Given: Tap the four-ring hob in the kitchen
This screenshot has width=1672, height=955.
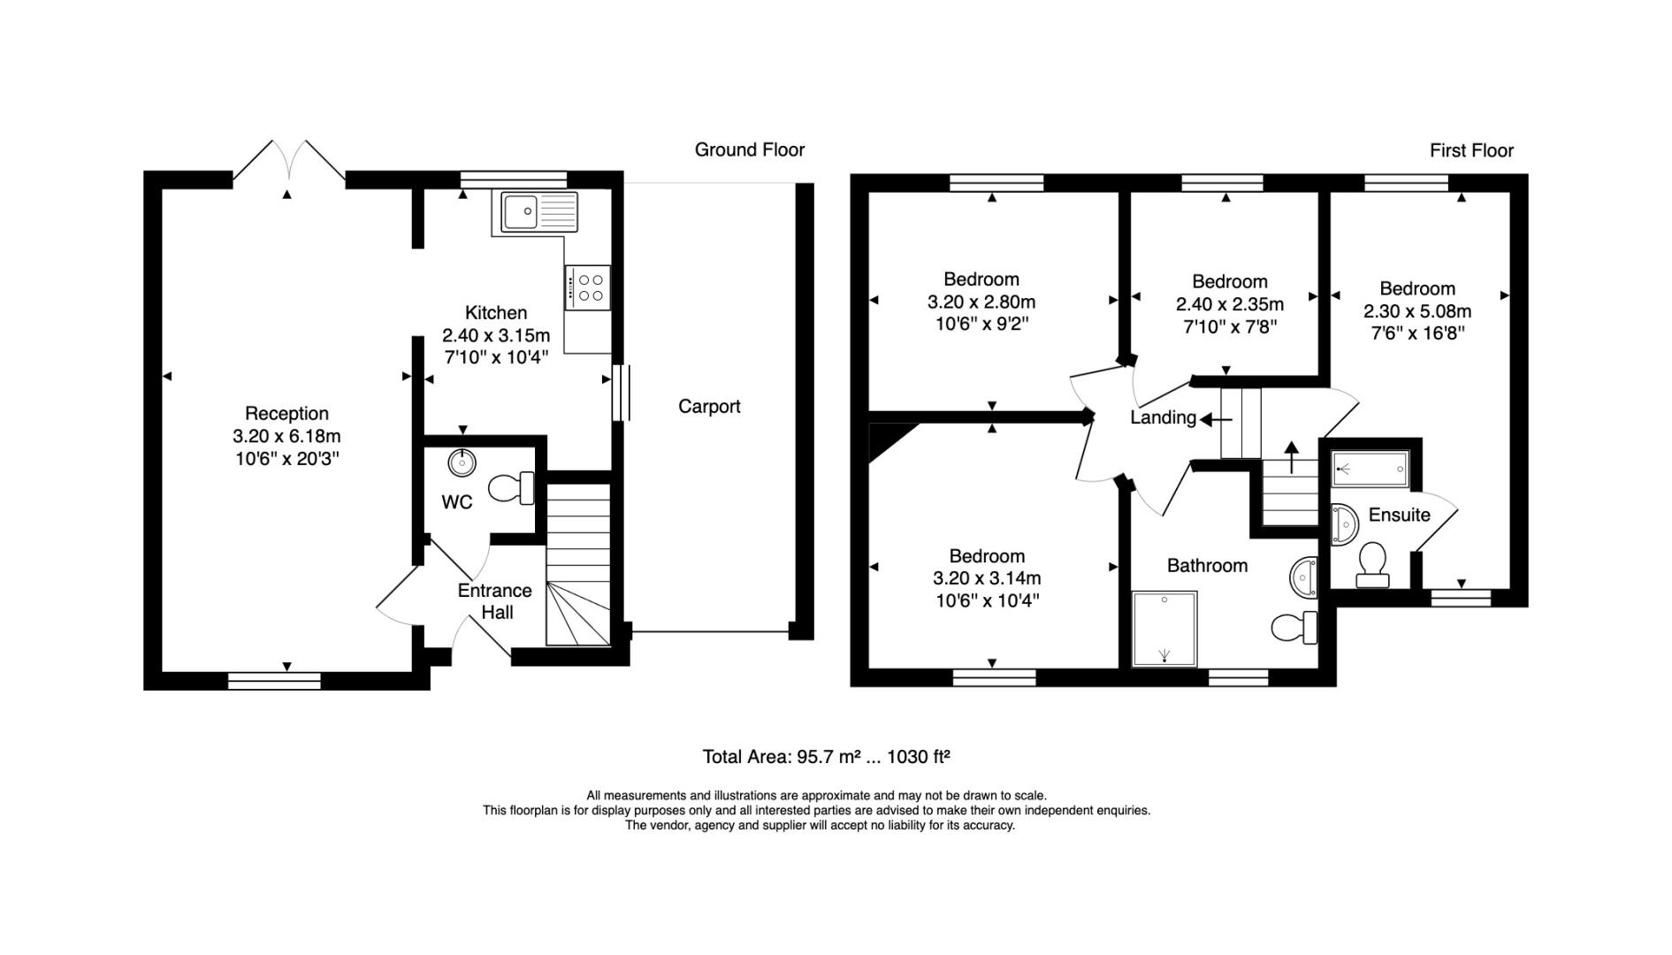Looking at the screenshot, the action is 588,287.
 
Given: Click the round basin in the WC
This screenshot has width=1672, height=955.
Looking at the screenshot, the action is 462,462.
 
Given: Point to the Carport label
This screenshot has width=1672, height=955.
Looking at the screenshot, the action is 709,407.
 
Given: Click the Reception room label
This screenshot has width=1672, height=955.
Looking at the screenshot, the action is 286,413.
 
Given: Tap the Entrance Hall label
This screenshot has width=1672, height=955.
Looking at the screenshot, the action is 495,601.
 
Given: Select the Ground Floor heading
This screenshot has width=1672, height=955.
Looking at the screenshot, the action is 750,150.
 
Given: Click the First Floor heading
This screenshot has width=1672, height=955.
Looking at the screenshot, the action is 1471,151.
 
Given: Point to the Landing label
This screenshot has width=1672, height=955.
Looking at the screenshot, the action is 1163,417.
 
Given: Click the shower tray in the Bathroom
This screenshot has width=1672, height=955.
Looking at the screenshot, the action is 1164,629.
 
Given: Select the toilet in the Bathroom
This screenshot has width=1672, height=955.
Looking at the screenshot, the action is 1294,628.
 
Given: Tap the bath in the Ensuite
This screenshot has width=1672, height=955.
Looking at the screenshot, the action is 1370,469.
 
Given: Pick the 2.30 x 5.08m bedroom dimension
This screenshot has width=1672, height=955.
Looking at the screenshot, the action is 1417,311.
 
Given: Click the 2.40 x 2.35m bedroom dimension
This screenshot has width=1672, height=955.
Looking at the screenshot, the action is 1230,304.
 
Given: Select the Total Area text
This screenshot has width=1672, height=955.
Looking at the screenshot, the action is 826,757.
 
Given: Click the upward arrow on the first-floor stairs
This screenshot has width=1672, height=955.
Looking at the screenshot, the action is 1292,457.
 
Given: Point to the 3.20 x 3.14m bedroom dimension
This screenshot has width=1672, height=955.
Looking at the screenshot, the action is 987,578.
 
